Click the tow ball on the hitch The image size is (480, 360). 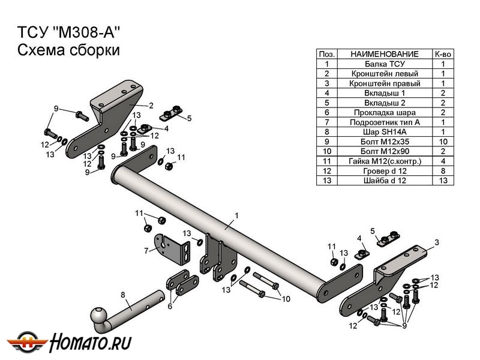pyautogui.click(x=98, y=316)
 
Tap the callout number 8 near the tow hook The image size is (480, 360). pyautogui.click(x=123, y=294)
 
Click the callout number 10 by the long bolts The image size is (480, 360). pyautogui.click(x=286, y=298)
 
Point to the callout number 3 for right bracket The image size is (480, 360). pyautogui.click(x=436, y=242)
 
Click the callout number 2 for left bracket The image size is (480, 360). pyautogui.click(x=151, y=104)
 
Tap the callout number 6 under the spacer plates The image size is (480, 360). pyautogui.click(x=169, y=306)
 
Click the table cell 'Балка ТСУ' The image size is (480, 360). pyautogui.click(x=384, y=64)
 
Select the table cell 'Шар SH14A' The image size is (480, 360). pyautogui.click(x=384, y=131)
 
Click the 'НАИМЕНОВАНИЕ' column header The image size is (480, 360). pyautogui.click(x=384, y=54)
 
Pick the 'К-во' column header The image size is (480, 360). pyautogui.click(x=442, y=54)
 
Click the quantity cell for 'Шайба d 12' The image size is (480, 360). pyautogui.click(x=442, y=180)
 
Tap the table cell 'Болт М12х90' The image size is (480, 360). pyautogui.click(x=384, y=151)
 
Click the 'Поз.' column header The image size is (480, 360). pyautogui.click(x=326, y=54)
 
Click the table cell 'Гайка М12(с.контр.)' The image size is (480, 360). pyautogui.click(x=384, y=161)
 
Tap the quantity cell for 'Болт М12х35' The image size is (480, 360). pyautogui.click(x=442, y=142)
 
